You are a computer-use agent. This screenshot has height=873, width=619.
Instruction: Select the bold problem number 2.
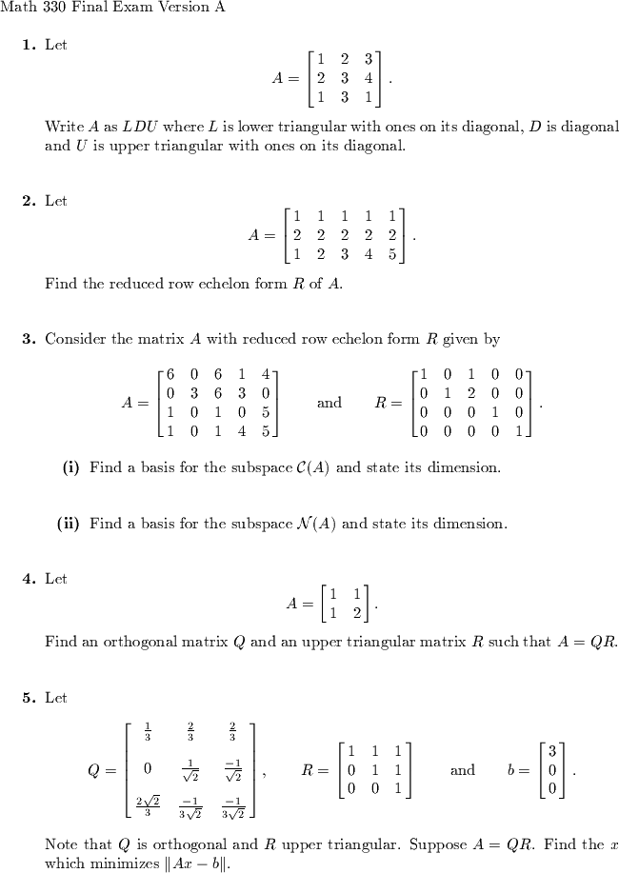pos(29,201)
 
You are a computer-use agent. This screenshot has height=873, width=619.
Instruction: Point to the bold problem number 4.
pos(29,578)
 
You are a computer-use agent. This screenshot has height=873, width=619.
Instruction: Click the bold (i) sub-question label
pos(70,467)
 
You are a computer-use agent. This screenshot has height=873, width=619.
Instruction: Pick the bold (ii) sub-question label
pos(69,523)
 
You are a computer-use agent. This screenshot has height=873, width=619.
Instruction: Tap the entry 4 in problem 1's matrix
pos(368,78)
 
